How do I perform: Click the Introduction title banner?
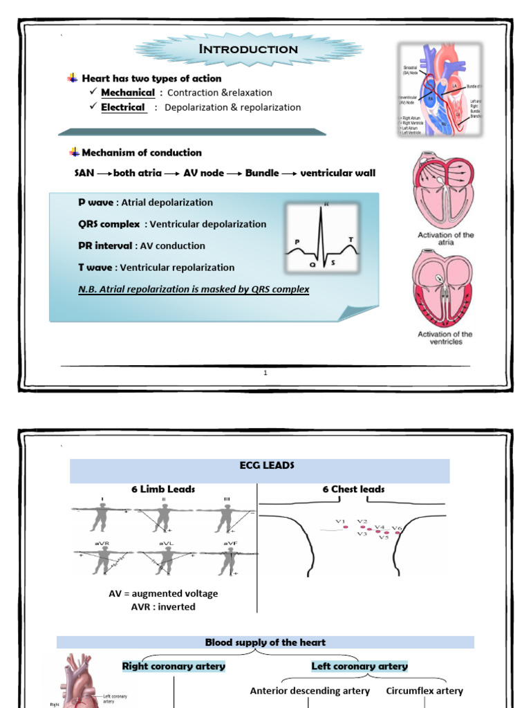(x=248, y=49)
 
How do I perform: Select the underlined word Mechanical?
(x=128, y=93)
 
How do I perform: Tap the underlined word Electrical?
(x=123, y=107)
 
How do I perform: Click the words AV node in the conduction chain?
(x=204, y=173)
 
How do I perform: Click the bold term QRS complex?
(x=110, y=224)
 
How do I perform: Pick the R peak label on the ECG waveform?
(x=326, y=205)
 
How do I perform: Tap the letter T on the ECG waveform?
(x=351, y=239)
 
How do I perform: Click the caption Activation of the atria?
(x=446, y=239)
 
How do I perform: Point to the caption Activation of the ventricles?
(x=445, y=338)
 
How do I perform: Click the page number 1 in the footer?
(x=265, y=373)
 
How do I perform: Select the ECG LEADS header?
(x=260, y=466)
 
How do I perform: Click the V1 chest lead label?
(x=340, y=521)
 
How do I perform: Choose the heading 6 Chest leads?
(x=353, y=489)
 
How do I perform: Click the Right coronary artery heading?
(x=174, y=667)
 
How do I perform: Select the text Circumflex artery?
(x=425, y=691)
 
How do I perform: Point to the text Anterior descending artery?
(x=310, y=691)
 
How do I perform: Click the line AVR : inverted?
(x=162, y=607)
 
